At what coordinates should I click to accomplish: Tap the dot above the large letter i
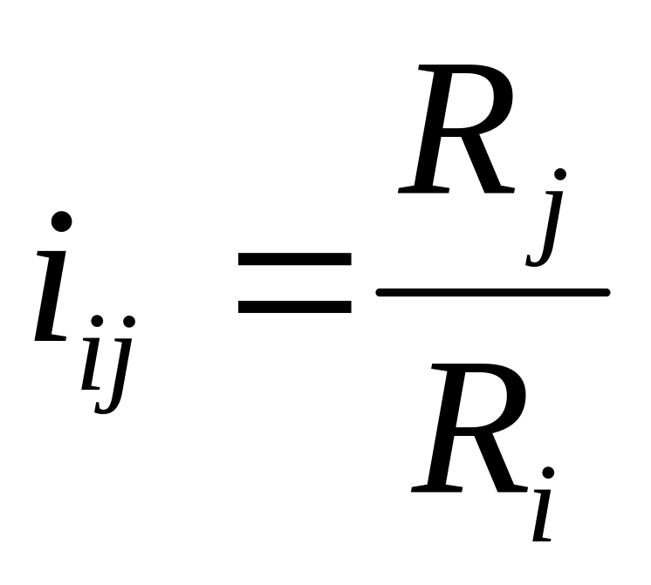[61, 222]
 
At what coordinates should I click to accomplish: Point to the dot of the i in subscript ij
[97, 323]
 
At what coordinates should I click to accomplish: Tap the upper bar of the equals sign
[294, 259]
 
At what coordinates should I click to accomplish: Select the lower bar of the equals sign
[294, 306]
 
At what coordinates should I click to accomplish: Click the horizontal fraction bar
[491, 292]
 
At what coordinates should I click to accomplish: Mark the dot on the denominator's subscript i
[548, 473]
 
